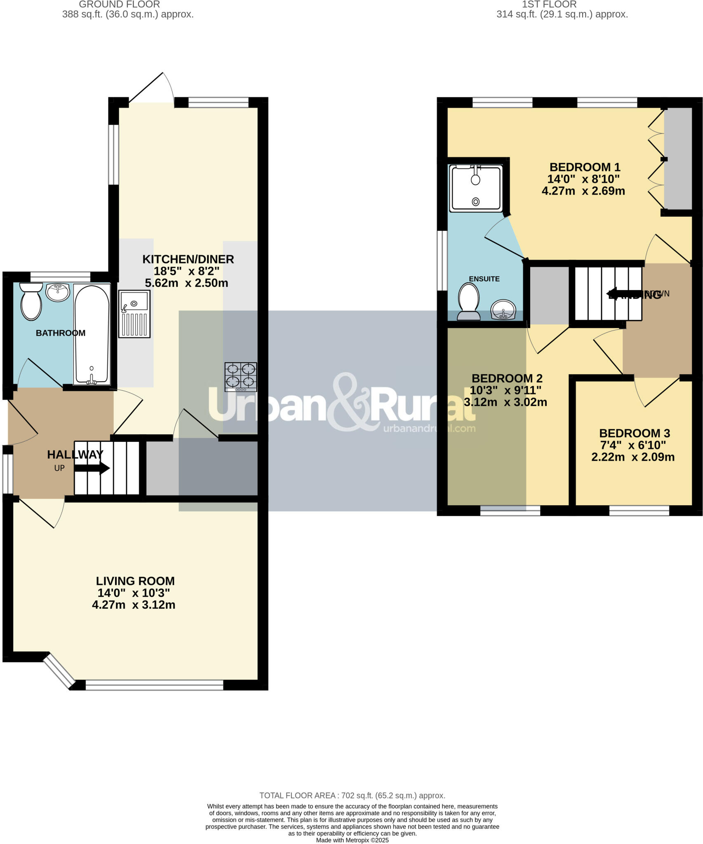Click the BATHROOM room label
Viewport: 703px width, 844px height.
point(61,333)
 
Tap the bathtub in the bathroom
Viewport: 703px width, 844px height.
point(92,334)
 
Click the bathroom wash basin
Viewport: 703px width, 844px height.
point(58,292)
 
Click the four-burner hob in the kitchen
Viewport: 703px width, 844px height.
point(241,377)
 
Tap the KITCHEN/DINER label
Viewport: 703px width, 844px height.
point(188,259)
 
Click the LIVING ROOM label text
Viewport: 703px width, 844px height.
point(135,581)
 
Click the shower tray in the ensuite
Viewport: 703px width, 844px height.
point(476,188)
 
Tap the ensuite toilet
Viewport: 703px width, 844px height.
point(469,301)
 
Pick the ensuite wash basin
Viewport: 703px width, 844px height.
point(503,309)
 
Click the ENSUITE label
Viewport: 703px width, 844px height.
point(484,279)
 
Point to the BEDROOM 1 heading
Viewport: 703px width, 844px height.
point(585,167)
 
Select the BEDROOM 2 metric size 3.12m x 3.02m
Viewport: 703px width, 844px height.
point(506,402)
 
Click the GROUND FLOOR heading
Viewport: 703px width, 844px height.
point(119,5)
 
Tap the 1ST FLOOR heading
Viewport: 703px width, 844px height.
point(549,5)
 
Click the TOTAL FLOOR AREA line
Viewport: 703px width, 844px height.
point(352,796)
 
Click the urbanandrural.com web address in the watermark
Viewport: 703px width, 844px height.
point(429,428)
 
